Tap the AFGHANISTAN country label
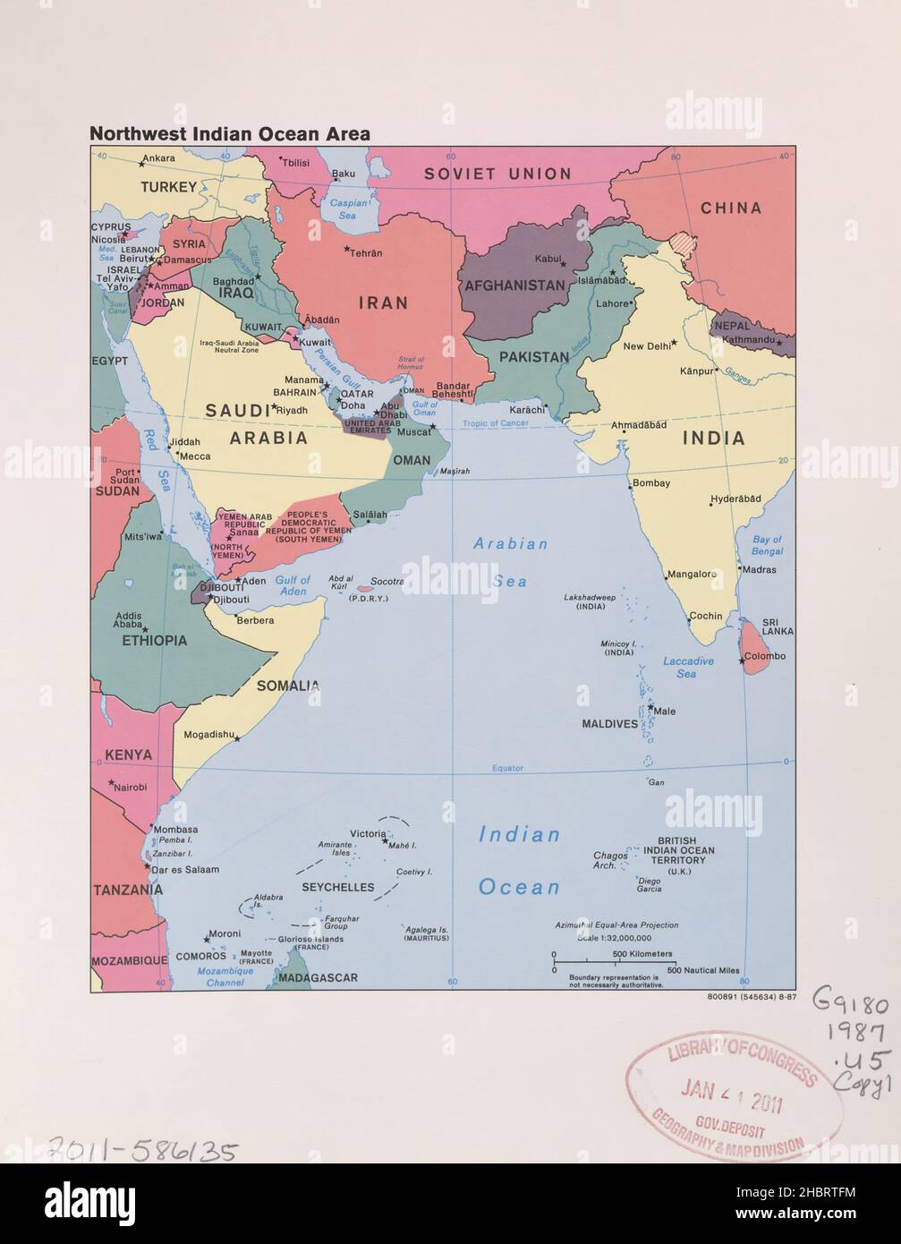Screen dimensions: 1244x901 point(514,286)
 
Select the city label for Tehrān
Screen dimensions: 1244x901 point(366,253)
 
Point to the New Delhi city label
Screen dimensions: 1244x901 point(646,345)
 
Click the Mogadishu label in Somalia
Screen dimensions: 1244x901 point(208,735)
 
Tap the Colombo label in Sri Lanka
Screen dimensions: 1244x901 point(765,656)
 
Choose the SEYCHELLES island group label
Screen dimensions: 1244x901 point(337,887)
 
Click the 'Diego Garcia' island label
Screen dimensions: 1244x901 point(650,885)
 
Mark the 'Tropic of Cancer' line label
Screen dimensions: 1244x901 point(496,423)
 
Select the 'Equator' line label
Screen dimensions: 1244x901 point(506,769)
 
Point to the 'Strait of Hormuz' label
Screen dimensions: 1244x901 point(411,364)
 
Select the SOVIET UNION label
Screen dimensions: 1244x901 point(497,174)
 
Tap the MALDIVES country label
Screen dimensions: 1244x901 point(609,723)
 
